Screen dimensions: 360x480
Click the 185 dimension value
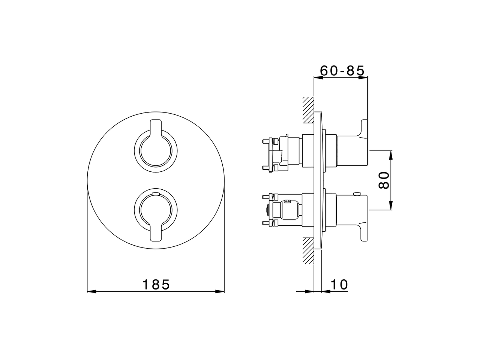[x=156, y=285]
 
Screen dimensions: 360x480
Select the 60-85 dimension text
[x=342, y=70]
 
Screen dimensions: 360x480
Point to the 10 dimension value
[x=339, y=285]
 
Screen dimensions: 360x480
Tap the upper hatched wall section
[x=308, y=109]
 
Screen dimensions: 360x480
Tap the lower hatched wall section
[x=308, y=250]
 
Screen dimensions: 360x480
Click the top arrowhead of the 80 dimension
[x=391, y=155]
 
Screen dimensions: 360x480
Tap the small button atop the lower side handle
[x=357, y=193]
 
